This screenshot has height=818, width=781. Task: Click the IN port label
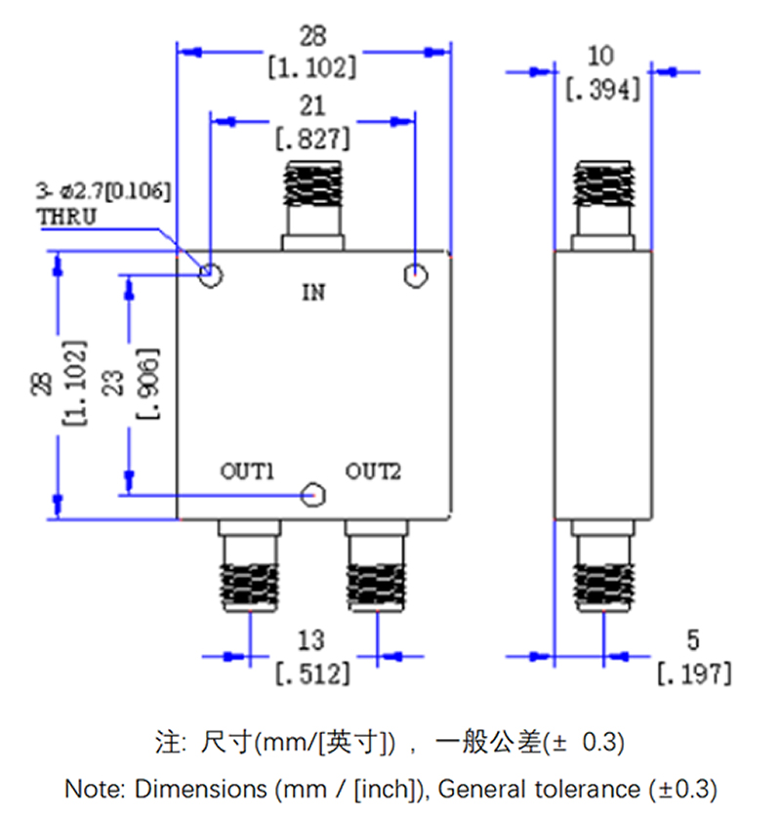coord(312,291)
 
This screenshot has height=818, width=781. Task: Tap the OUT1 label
coord(246,472)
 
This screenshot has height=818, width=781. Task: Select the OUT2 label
coord(373,472)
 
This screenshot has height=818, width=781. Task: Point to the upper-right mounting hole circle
coord(416,277)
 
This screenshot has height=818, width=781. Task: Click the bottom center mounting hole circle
coord(313,496)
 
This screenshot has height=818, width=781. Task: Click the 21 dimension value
coord(313,105)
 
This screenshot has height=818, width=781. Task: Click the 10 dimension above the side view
coord(602,55)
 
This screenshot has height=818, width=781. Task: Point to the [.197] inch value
coord(692,673)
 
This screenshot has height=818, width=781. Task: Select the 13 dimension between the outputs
coord(311,640)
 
